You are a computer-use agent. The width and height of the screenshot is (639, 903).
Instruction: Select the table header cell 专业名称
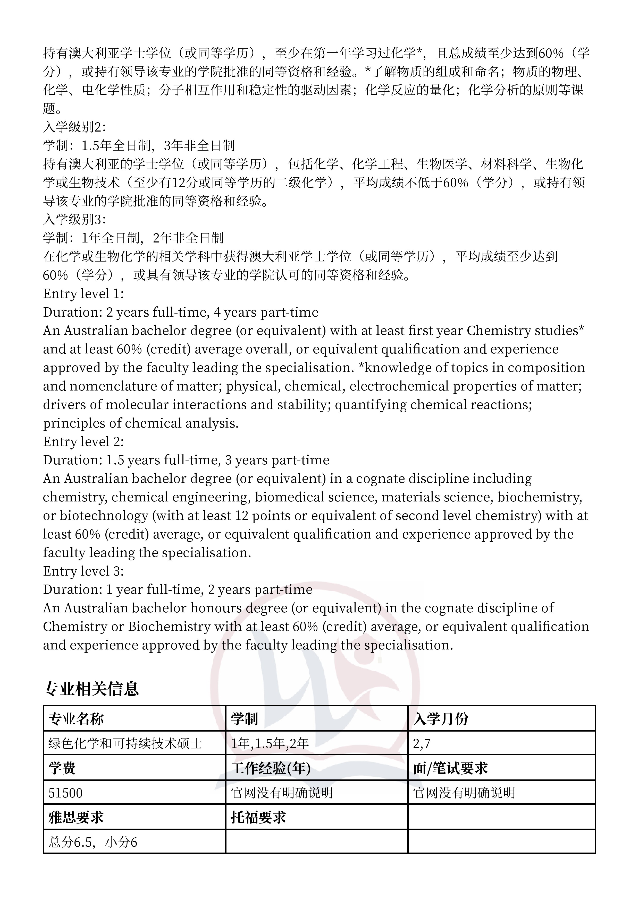point(76,719)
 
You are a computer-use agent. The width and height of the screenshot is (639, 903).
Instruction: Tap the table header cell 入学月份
point(441,719)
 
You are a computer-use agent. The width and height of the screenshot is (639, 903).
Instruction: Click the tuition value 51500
point(65,793)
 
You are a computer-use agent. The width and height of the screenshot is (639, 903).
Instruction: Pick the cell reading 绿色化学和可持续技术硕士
point(125,743)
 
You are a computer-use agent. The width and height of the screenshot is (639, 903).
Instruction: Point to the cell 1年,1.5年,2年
point(270,743)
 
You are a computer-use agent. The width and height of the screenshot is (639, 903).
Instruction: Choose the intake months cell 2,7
point(422,743)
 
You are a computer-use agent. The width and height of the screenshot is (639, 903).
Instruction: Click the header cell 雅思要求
point(76,817)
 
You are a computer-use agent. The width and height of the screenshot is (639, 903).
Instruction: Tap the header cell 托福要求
point(258,817)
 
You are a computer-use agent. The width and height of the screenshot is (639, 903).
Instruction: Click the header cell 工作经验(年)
point(271,768)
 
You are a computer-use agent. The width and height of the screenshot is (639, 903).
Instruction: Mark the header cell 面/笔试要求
point(450,768)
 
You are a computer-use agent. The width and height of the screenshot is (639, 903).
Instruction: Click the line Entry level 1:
point(83,294)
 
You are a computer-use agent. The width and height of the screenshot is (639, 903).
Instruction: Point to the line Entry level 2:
point(83,442)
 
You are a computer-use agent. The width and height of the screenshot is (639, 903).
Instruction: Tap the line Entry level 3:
point(83,571)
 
